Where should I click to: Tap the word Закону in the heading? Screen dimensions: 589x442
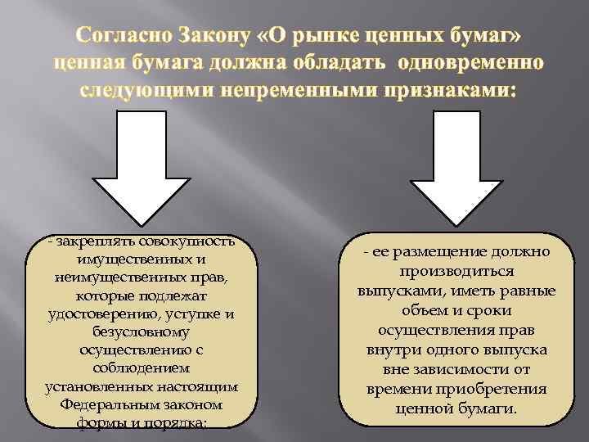click(213, 38)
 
